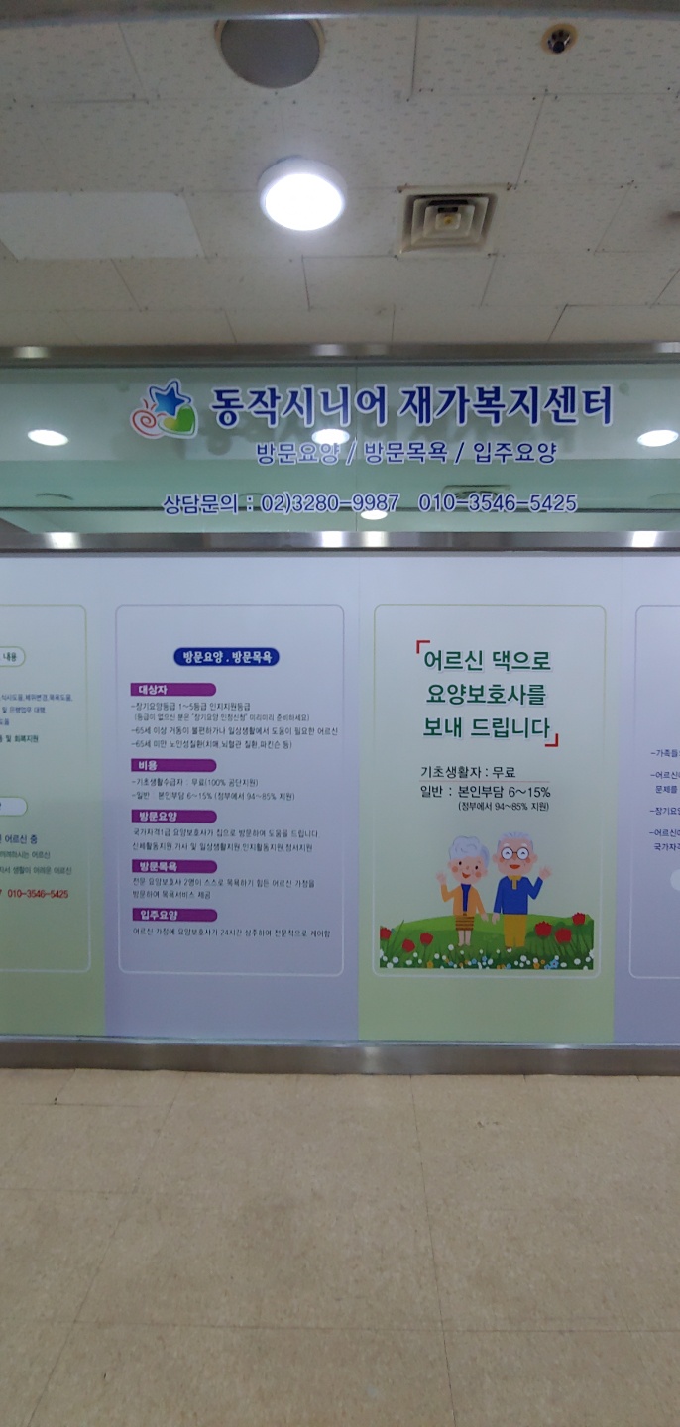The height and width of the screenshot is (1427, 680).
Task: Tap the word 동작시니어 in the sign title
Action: click(x=298, y=405)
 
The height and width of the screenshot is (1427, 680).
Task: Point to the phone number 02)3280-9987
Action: click(x=330, y=503)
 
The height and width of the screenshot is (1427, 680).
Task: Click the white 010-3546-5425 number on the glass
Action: click(x=498, y=503)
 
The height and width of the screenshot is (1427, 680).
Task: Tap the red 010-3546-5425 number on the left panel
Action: click(x=39, y=894)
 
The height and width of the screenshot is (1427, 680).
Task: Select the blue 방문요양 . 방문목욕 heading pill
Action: click(x=226, y=657)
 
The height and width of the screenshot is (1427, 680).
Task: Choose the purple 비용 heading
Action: click(x=146, y=765)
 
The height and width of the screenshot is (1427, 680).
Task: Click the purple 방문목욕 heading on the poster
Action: click(x=159, y=866)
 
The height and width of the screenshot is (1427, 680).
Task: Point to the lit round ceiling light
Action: click(x=302, y=195)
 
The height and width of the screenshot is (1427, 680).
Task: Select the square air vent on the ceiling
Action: click(x=447, y=220)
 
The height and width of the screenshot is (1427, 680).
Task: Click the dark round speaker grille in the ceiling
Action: click(x=270, y=52)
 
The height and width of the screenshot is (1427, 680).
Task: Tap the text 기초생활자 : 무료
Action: click(x=468, y=772)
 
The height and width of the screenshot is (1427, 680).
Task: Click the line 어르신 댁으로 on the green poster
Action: click(x=487, y=660)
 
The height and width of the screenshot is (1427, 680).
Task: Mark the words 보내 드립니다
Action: click(x=486, y=728)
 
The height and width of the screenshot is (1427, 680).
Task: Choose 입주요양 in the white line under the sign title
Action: click(x=514, y=453)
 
